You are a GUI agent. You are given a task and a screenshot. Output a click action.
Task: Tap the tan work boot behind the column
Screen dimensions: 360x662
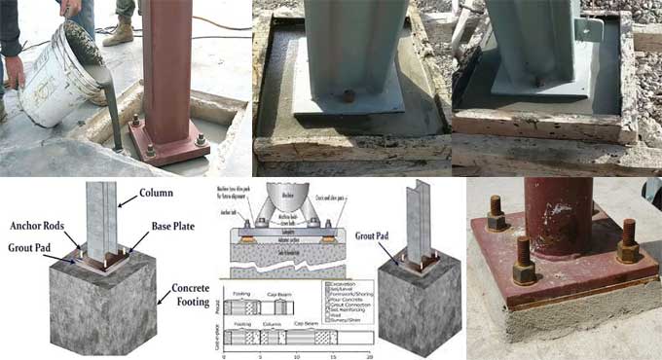[x=119, y=32]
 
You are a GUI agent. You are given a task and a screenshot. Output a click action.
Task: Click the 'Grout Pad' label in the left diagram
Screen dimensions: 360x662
[x=26, y=246]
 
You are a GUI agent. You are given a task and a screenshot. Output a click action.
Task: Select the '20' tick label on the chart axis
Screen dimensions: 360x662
[x=369, y=357]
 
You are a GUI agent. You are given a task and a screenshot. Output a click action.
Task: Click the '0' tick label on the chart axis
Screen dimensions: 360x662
[x=224, y=357]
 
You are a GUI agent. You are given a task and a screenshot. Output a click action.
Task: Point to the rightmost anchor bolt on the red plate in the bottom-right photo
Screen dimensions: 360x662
[x=628, y=243]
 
